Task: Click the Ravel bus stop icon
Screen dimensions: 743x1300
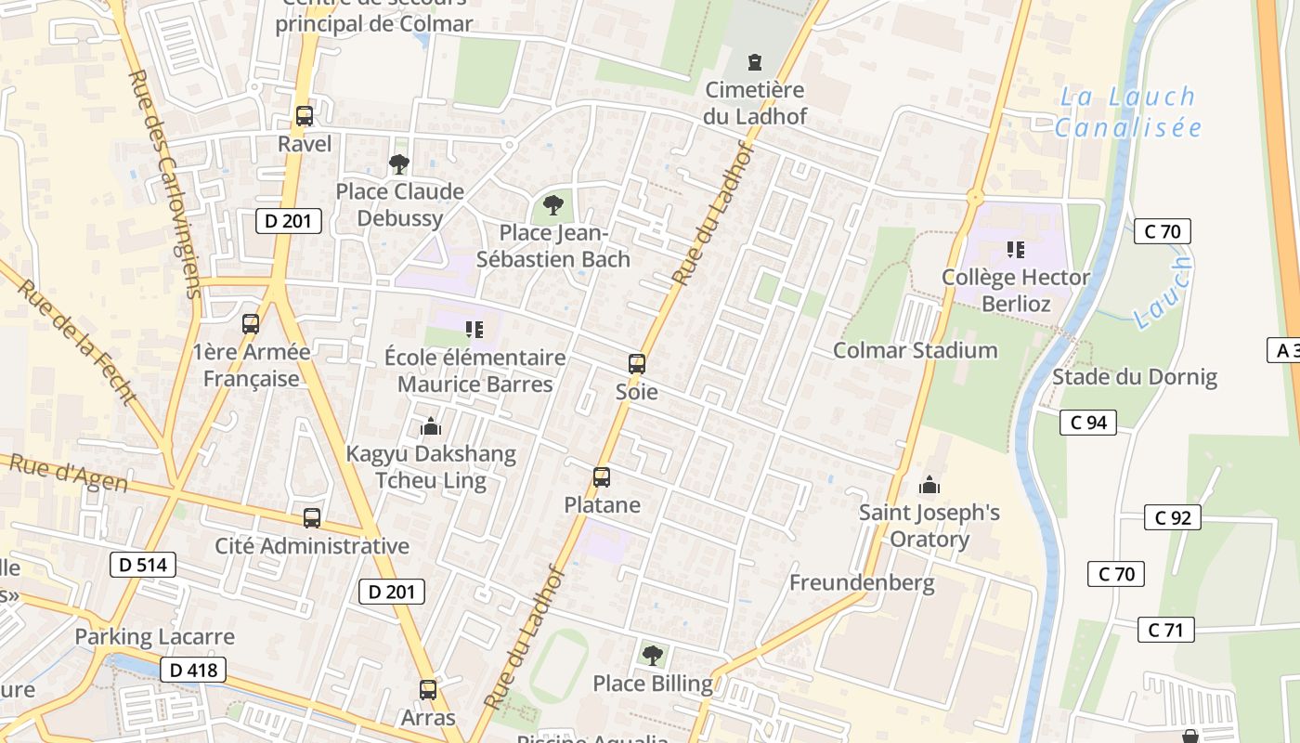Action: click(305, 116)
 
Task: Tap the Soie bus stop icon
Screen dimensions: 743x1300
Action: click(637, 363)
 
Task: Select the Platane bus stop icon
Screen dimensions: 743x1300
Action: click(602, 477)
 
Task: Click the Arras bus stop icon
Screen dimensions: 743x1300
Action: click(428, 689)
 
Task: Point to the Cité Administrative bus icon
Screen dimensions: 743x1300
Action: click(312, 518)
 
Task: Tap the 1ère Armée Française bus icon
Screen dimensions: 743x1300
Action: click(251, 324)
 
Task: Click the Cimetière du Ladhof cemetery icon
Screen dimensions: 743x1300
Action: click(755, 62)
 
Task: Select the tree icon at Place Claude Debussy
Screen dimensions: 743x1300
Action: click(399, 164)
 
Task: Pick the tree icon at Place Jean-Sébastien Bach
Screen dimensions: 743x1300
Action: click(553, 204)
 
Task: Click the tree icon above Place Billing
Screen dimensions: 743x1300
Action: click(653, 656)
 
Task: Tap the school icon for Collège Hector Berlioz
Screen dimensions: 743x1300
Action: click(1016, 249)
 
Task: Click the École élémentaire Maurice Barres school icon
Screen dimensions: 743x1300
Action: click(474, 329)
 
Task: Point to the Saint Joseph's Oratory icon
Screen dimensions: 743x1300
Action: click(929, 484)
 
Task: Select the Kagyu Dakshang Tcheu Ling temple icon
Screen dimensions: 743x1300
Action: click(430, 426)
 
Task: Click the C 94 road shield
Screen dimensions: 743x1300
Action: click(1087, 423)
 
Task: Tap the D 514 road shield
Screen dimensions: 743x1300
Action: click(142, 564)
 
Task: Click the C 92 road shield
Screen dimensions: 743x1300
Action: click(1172, 517)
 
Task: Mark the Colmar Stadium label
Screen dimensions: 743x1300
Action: click(915, 350)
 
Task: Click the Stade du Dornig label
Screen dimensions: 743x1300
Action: click(1134, 377)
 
